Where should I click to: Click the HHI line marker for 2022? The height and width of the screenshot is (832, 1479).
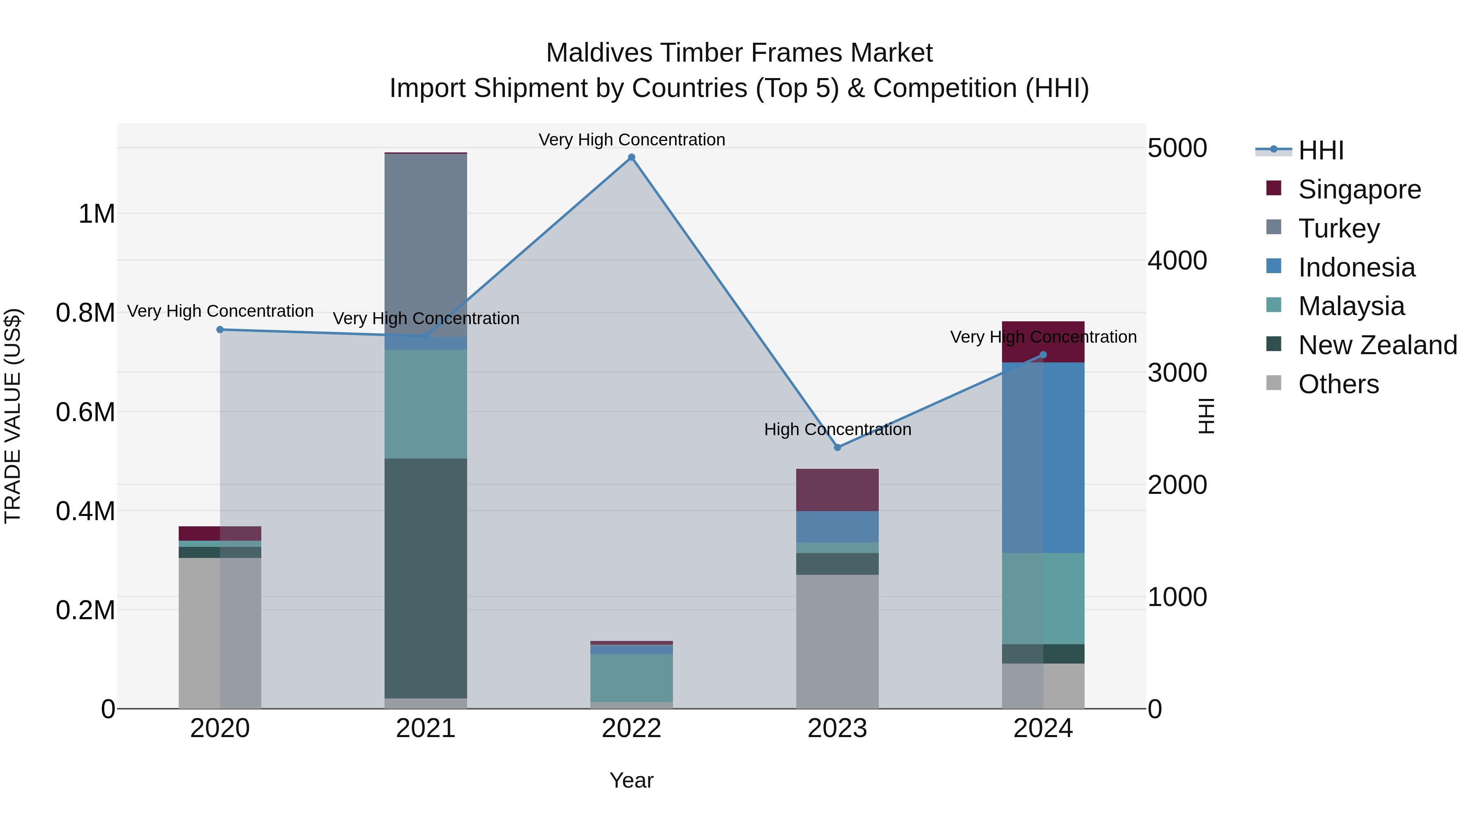point(631,157)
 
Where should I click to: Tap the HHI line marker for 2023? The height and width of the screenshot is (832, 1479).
point(837,447)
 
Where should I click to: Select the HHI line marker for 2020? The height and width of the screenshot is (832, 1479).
point(220,330)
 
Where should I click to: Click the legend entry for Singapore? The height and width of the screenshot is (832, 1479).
point(1359,189)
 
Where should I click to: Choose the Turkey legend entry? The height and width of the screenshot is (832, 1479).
point(1338,228)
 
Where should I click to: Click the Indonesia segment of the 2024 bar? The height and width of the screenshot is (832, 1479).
point(1043,458)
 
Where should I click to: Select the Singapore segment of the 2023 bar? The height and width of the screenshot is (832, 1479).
point(837,490)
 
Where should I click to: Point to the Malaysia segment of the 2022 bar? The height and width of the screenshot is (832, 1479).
point(631,678)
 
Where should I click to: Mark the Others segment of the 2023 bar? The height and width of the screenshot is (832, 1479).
point(837,641)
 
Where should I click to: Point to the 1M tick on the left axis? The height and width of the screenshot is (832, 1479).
point(97,214)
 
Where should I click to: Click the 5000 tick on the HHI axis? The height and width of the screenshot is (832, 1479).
point(1177,148)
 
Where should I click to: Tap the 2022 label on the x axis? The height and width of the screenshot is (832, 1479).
point(631,728)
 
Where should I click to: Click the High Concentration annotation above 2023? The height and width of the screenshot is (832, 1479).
point(837,429)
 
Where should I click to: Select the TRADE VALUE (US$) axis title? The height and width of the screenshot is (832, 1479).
point(13,416)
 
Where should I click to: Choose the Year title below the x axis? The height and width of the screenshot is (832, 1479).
point(631,780)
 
